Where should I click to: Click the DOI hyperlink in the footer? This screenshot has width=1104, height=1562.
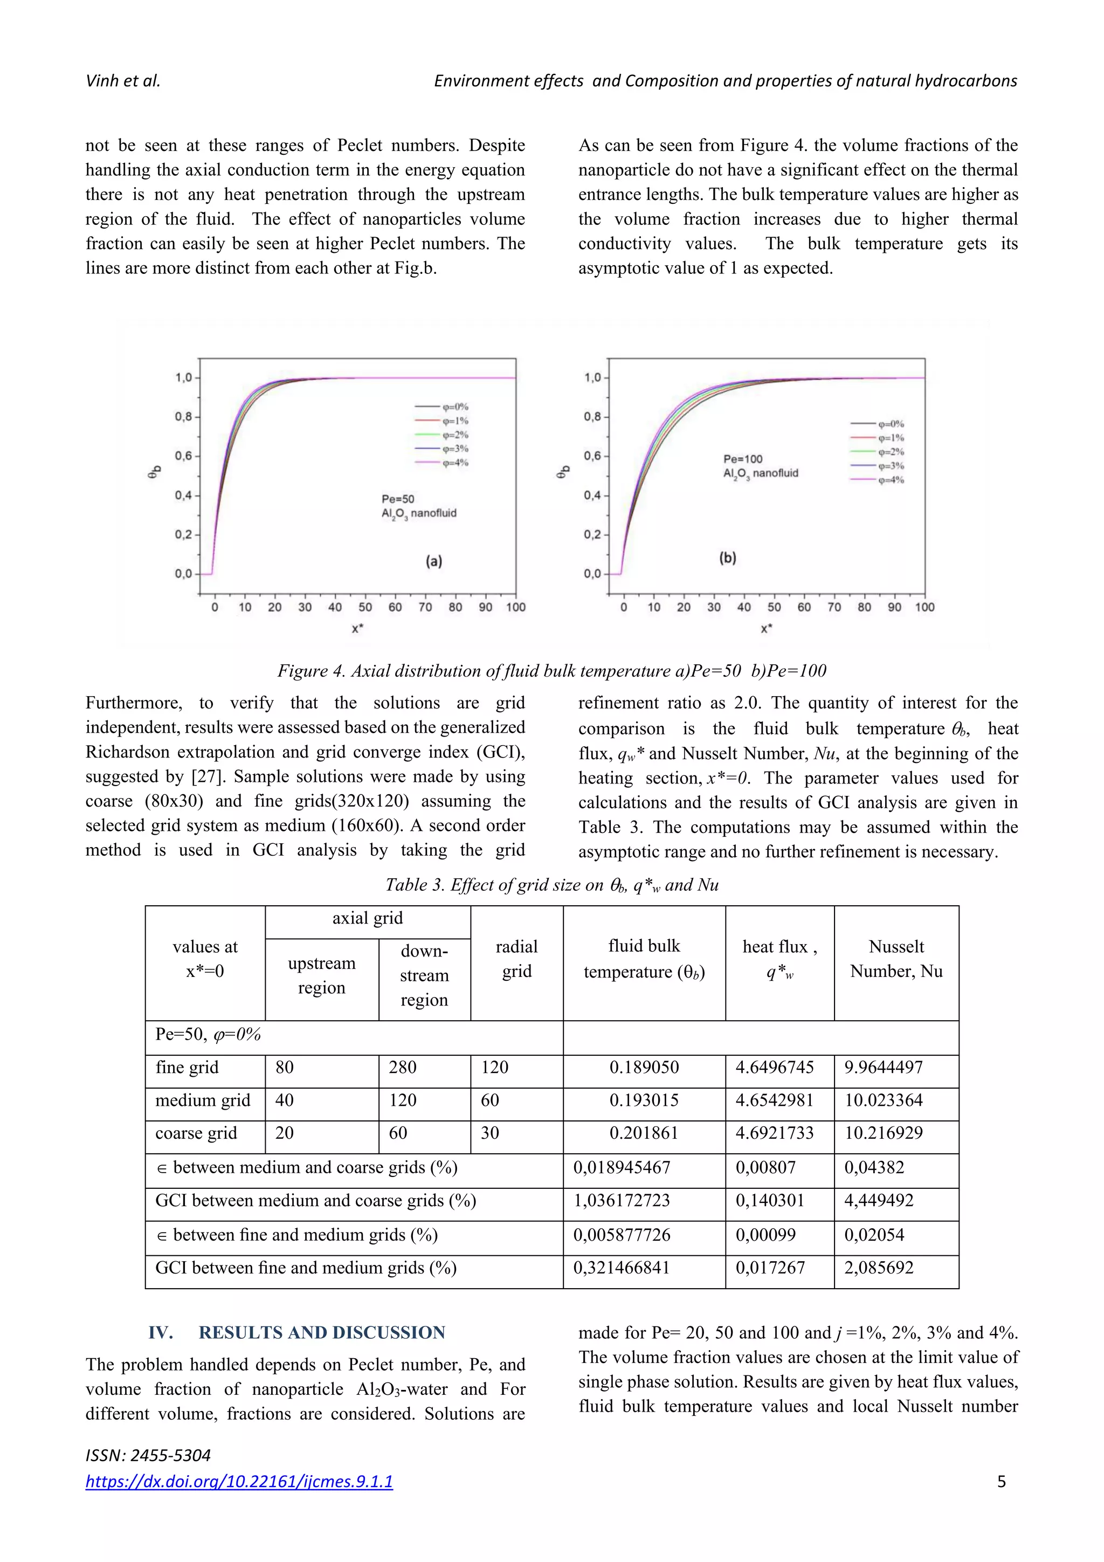coord(239,1481)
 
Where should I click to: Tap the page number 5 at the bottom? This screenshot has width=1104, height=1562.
coord(1001,1481)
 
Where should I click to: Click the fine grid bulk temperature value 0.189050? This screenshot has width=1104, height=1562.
coord(644,1068)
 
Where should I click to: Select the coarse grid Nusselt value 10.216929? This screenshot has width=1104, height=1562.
coord(883,1133)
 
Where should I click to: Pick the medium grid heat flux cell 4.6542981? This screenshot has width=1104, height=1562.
coord(774,1100)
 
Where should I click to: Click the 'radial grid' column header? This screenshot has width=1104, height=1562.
coord(516,959)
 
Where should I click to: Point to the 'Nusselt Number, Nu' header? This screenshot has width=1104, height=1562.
coord(896,959)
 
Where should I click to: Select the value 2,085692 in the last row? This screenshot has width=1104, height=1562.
coord(878,1268)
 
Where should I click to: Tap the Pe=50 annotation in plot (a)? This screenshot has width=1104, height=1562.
coord(398,499)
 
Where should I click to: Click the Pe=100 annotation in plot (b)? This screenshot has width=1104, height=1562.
coord(743,458)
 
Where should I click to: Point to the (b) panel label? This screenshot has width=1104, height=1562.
coord(727,558)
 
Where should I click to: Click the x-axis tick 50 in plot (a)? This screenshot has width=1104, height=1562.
coord(365,607)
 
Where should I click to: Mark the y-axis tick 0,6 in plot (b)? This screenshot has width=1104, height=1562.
coord(592,456)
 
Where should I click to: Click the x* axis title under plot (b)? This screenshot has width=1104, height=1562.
coord(766,629)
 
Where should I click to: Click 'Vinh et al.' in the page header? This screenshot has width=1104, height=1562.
coord(123,81)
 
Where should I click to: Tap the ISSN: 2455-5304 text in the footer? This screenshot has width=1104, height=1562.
coord(148,1455)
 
